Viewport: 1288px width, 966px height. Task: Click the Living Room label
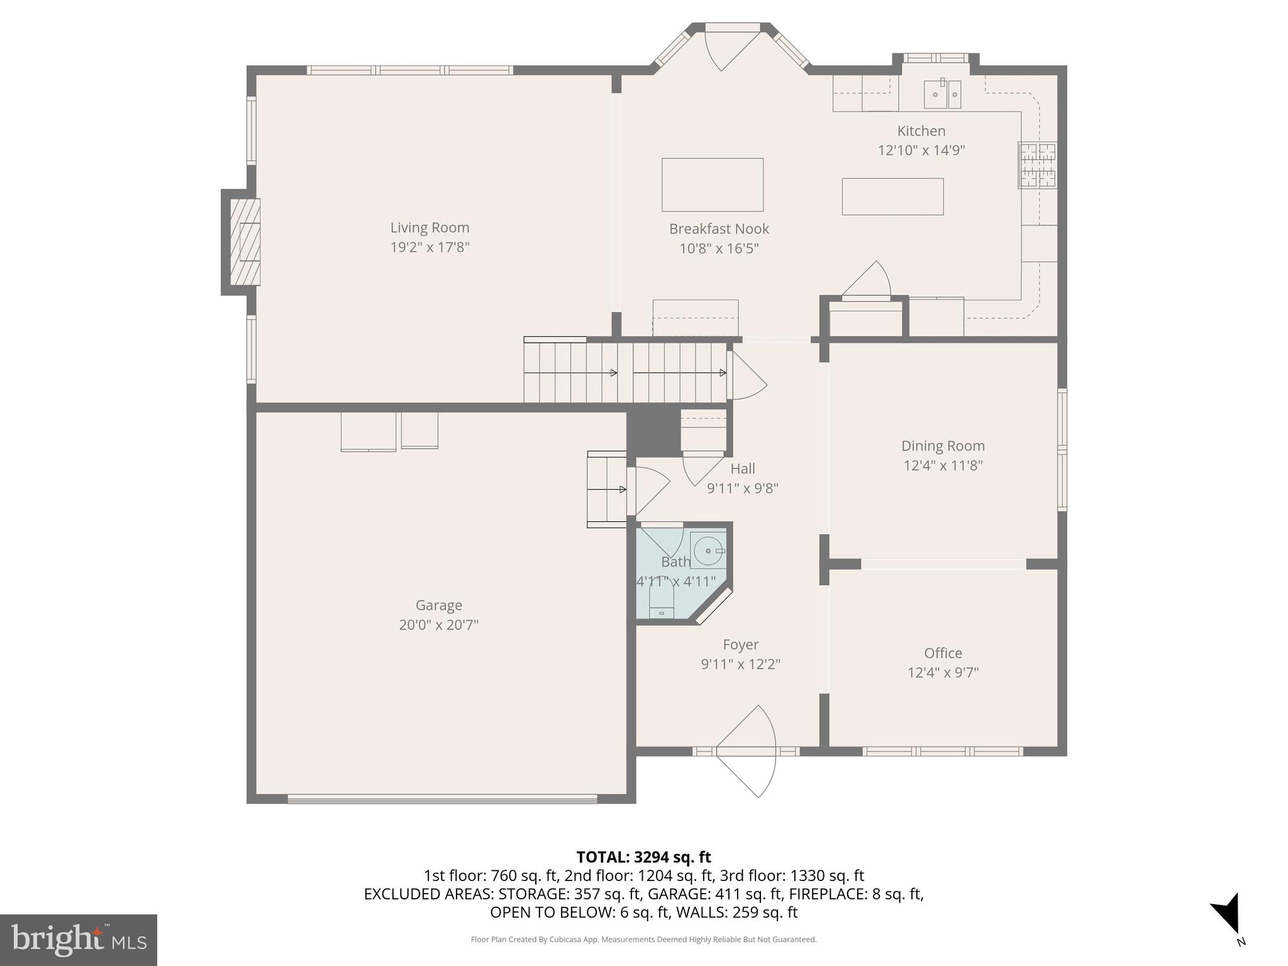430,228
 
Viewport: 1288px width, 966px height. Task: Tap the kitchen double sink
942,95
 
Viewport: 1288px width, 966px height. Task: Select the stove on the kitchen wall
1037,165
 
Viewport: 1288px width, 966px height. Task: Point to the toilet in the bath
661,604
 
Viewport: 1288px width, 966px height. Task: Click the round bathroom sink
709,551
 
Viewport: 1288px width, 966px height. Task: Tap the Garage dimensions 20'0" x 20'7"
438,625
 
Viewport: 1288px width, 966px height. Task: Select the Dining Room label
943,446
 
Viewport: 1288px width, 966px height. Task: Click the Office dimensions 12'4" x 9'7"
943,672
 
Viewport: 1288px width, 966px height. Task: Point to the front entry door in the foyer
747,752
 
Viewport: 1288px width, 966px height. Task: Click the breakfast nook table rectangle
712,185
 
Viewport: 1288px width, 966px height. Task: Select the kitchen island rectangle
892,197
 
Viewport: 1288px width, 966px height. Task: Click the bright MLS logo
78,940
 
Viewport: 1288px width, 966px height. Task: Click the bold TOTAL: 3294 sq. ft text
643,857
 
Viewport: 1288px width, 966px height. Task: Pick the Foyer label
740,645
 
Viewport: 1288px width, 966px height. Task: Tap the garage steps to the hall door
606,489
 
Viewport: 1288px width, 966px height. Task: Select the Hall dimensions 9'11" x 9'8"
742,488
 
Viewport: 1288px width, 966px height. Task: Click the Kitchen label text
921,131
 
